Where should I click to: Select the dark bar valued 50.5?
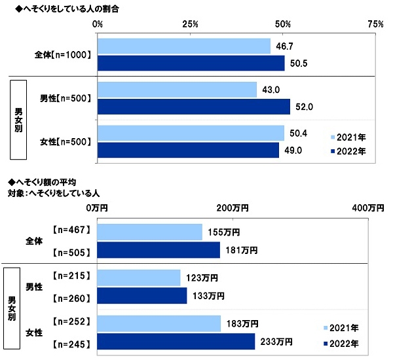tap(191, 63)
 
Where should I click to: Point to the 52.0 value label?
tap(303, 106)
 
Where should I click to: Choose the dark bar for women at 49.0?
tap(188, 150)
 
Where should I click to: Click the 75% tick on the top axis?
tap(375, 24)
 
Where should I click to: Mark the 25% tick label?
tap(191, 24)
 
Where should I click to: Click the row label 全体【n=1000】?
tap(64, 55)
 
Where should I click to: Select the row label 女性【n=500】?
tap(65, 141)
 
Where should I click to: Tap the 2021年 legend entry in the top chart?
tap(348, 137)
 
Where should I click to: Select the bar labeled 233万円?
tap(176, 342)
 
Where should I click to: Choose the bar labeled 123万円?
tap(138, 278)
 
